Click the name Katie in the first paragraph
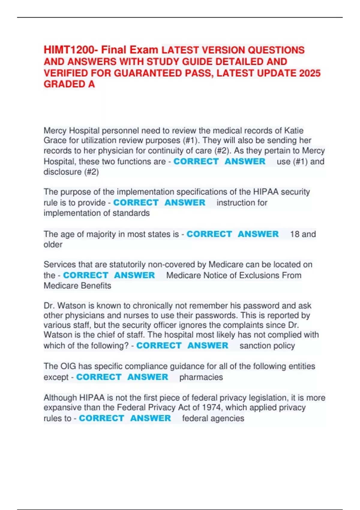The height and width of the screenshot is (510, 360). pos(294,130)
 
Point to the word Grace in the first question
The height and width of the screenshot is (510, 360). pos(55,140)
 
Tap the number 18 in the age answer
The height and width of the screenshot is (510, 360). pos(295,234)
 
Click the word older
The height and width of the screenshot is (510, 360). pos(53,244)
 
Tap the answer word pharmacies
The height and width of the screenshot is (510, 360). pos(201,377)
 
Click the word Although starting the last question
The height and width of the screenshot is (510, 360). pos(60,398)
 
